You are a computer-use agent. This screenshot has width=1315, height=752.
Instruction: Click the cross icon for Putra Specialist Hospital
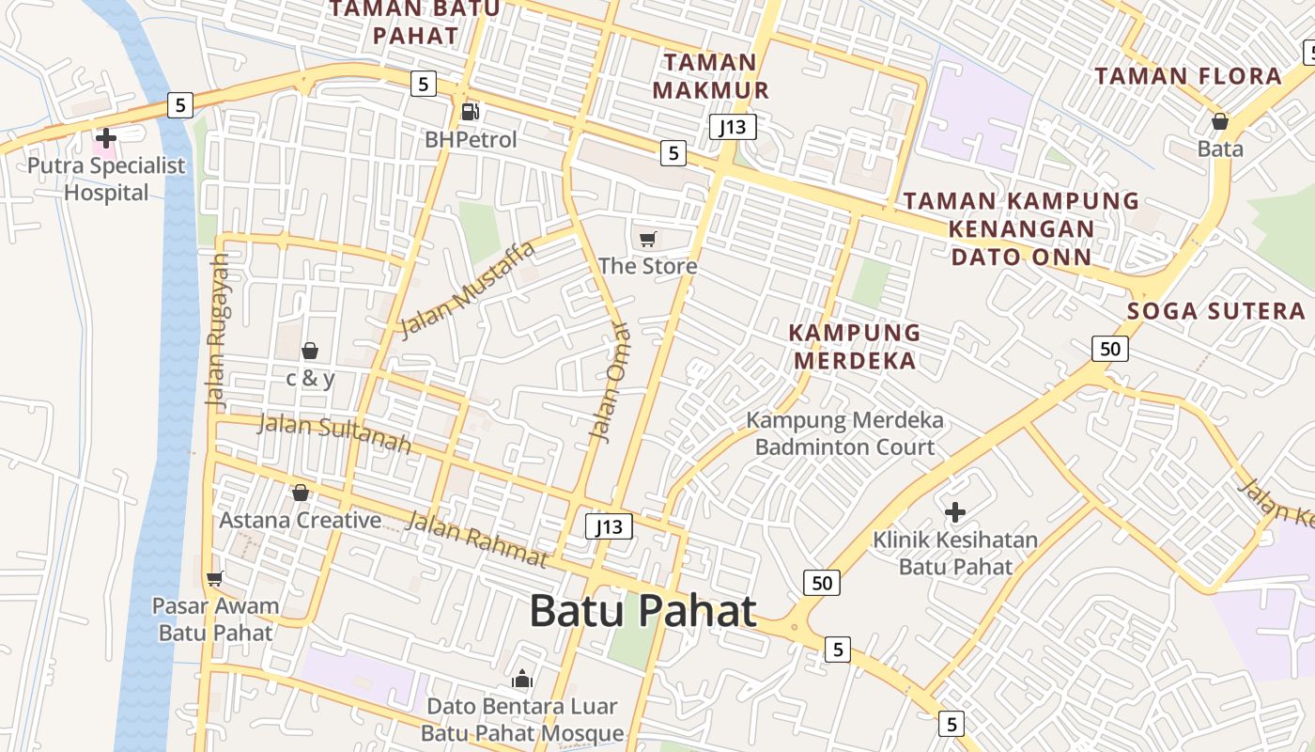point(106,139)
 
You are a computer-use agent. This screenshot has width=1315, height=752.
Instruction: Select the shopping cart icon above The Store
point(647,239)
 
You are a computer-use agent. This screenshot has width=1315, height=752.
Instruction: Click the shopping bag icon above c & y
point(309,351)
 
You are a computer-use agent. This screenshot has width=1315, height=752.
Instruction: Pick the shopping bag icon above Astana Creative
point(301,493)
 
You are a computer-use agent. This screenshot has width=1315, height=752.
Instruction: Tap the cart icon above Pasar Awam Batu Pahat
point(215,578)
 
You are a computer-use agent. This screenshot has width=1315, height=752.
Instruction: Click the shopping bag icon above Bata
point(1219,121)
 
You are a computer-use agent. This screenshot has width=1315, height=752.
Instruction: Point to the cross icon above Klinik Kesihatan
point(955,512)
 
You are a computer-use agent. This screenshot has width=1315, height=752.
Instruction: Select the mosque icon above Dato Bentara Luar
point(521,679)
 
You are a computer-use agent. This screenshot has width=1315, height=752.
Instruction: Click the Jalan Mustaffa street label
point(467,289)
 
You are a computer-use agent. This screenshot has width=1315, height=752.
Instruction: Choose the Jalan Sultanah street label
point(334,432)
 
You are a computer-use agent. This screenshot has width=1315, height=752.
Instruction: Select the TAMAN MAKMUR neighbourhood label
point(711,76)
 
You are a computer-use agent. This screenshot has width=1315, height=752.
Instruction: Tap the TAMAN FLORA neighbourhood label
point(1188,76)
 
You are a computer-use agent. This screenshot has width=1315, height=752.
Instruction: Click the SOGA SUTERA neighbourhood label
point(1215,311)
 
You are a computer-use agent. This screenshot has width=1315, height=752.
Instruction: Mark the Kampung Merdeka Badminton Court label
point(844,433)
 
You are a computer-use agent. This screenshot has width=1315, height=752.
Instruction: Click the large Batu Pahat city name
point(642,611)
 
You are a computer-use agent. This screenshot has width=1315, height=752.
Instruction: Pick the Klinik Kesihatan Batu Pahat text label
point(955,553)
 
